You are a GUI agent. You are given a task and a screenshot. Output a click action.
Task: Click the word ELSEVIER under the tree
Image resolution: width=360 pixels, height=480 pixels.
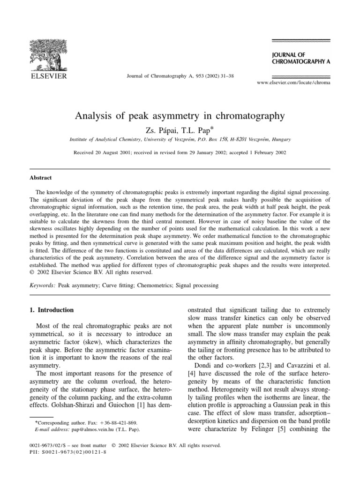(49, 75)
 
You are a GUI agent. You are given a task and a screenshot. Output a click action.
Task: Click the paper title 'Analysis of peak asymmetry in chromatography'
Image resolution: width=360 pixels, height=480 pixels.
(180, 115)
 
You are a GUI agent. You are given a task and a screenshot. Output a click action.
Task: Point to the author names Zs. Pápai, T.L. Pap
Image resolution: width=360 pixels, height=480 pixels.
(180, 129)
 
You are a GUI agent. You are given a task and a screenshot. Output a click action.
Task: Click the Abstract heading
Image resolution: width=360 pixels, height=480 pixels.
(40, 178)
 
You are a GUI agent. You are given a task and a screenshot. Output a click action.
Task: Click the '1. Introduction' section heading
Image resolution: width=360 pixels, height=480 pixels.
(52, 310)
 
